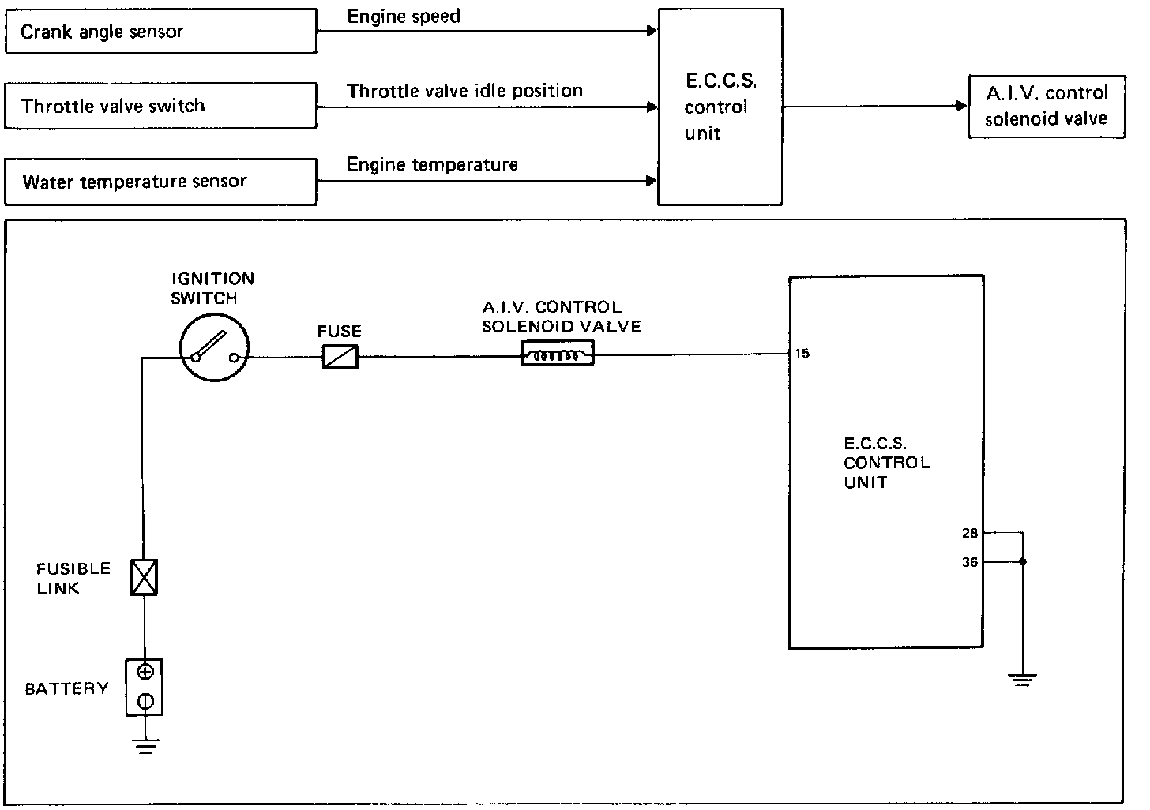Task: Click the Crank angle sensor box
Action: (x=160, y=32)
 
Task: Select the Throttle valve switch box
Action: (x=160, y=107)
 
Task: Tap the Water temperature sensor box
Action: (x=160, y=182)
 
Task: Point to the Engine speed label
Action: (x=404, y=17)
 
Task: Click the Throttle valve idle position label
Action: (x=464, y=91)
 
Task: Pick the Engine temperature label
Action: (x=432, y=165)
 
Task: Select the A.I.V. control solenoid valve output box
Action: (x=1046, y=106)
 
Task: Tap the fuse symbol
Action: (x=340, y=357)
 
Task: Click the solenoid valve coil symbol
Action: (x=558, y=356)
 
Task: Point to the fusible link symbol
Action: (x=144, y=576)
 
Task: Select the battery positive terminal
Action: (x=145, y=673)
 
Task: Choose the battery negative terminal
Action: (x=145, y=700)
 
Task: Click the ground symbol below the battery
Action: (x=145, y=746)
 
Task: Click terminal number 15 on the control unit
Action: (x=802, y=354)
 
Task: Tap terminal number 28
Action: (x=970, y=533)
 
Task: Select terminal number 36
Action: (x=970, y=563)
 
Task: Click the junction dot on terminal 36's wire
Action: (x=1023, y=562)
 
